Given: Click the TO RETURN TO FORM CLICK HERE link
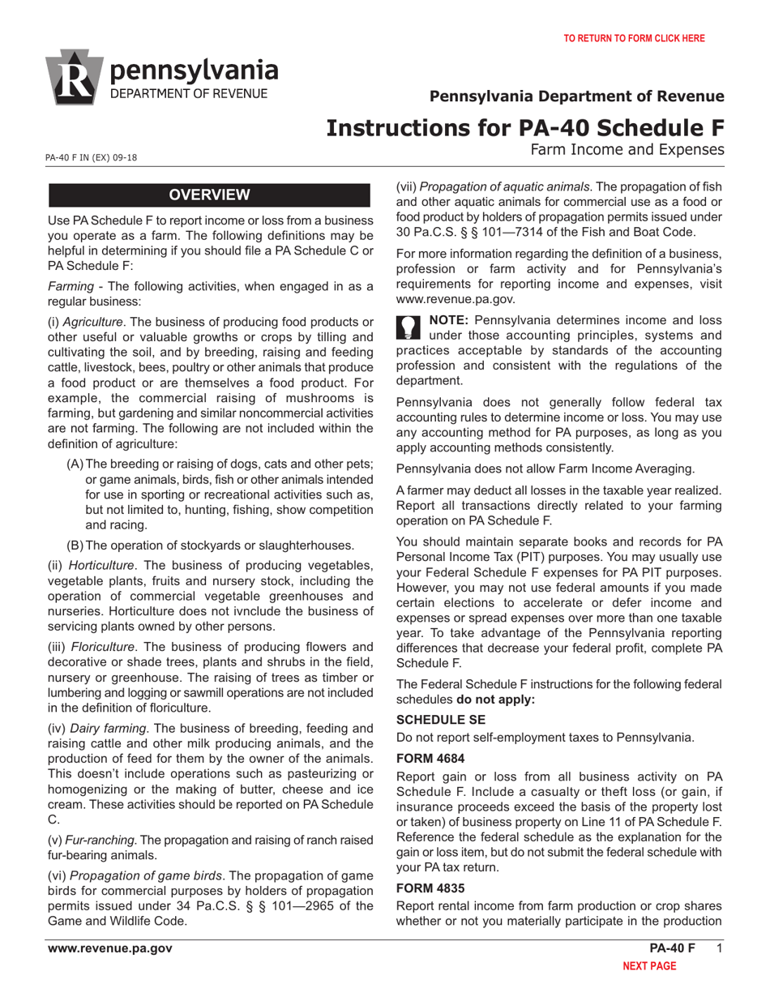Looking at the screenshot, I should [x=634, y=38].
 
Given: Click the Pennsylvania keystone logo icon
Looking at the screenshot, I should [x=75, y=78].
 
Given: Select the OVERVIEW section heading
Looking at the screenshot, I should [x=210, y=195].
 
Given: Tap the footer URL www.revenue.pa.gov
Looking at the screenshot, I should [x=109, y=948].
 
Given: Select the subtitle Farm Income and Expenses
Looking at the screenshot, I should [x=627, y=149].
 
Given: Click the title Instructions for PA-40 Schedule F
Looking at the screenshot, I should [x=525, y=127].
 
